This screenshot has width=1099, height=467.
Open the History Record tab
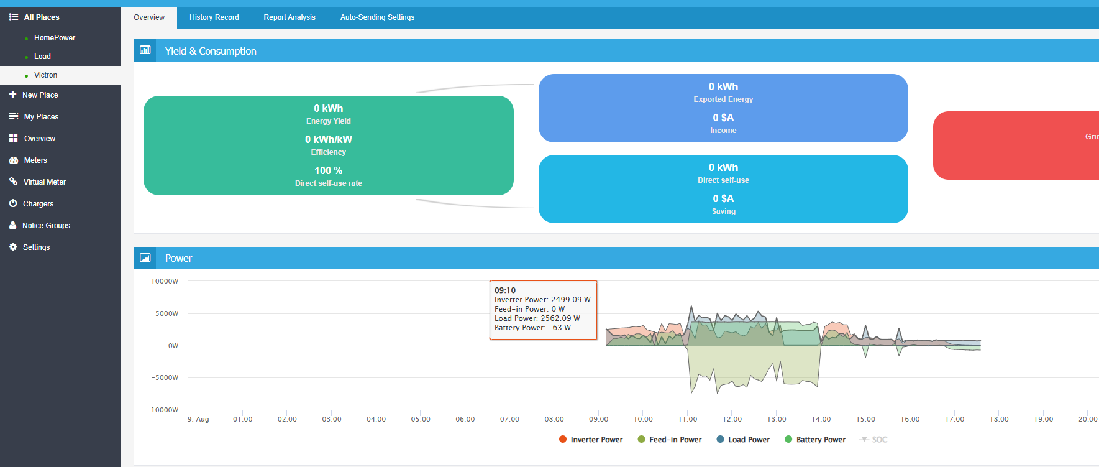point(214,17)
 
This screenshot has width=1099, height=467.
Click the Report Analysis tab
point(290,17)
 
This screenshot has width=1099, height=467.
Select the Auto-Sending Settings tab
point(377,17)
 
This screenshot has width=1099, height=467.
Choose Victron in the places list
point(45,75)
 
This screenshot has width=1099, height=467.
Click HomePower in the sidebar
point(55,38)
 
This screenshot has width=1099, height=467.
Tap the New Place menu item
point(40,95)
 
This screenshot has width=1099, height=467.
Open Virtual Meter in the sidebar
point(45,182)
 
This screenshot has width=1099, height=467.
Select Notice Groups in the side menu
point(46,226)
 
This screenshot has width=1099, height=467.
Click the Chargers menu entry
point(39,204)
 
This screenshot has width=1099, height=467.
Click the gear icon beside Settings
point(13,247)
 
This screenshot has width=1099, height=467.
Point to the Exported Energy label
point(723,99)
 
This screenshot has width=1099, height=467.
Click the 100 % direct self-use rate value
point(328,170)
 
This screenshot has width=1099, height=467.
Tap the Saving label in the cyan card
point(723,211)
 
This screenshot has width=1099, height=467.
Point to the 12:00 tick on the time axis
point(732,419)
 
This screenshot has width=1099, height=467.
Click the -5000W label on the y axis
point(165,377)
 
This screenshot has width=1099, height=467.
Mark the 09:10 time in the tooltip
point(505,290)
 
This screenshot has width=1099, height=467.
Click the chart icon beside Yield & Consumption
point(145,50)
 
